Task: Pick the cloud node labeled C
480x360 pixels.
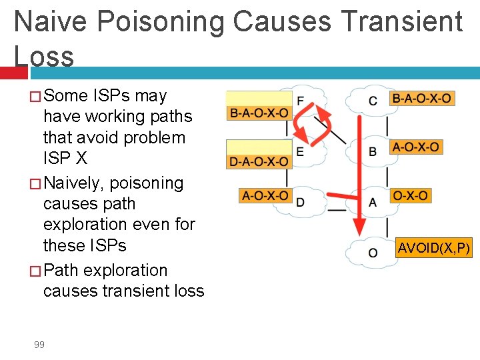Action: click(x=371, y=101)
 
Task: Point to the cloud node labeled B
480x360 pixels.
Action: click(x=371, y=151)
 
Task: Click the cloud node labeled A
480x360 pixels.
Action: click(x=371, y=201)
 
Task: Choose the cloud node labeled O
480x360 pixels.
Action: click(x=371, y=253)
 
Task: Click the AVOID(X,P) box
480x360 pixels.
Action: click(x=434, y=249)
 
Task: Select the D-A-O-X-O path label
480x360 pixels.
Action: click(x=259, y=161)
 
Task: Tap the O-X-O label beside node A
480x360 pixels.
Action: click(x=410, y=196)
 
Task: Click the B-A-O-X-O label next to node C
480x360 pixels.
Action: click(x=421, y=99)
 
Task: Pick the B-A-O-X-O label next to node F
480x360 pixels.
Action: click(x=259, y=113)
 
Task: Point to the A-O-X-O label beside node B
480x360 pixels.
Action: click(x=417, y=147)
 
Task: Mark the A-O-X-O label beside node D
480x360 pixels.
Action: click(x=265, y=196)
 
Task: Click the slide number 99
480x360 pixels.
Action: click(x=39, y=344)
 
